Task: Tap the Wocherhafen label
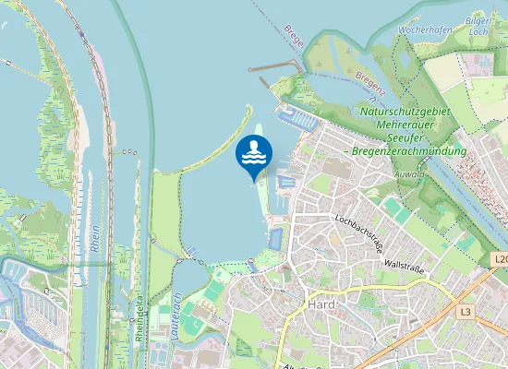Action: pos(424,30)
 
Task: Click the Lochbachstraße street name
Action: pos(359,233)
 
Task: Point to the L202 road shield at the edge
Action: pos(500,260)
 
